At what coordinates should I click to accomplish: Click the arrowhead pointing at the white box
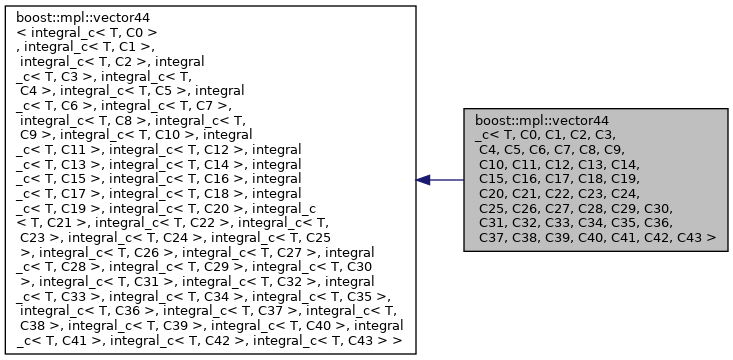(424, 180)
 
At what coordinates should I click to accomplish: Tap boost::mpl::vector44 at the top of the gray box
(541, 119)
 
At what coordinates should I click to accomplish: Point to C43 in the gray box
(691, 238)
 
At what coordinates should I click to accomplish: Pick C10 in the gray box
(492, 164)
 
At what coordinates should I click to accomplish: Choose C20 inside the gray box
(492, 194)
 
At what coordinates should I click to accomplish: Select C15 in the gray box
(492, 179)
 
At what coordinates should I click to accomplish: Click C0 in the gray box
(534, 134)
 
